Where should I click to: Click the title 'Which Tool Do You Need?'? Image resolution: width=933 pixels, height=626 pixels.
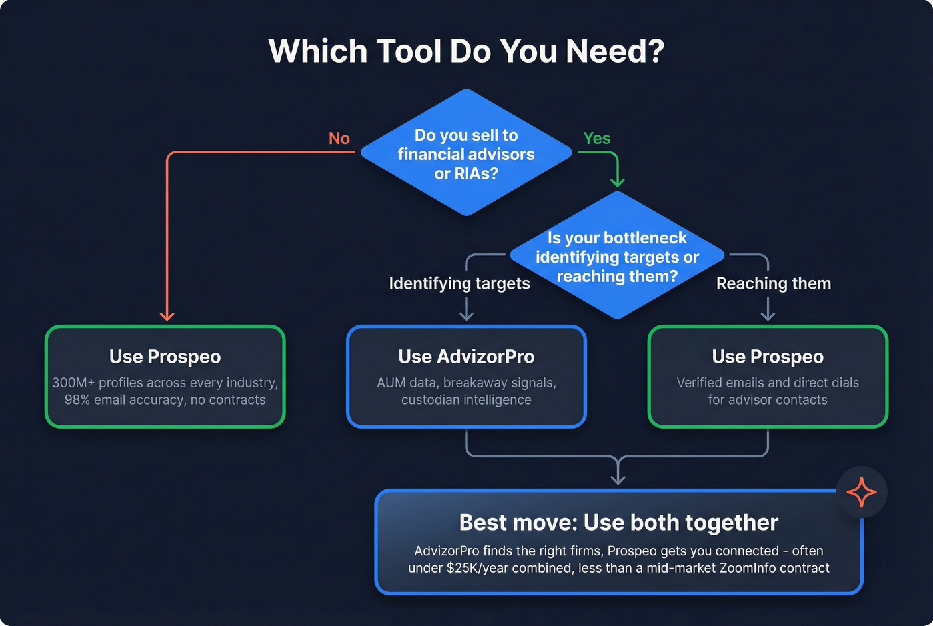click(x=466, y=51)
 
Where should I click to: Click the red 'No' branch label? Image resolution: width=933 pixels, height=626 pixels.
click(x=339, y=138)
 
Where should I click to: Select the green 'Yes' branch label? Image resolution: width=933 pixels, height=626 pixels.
click(x=596, y=138)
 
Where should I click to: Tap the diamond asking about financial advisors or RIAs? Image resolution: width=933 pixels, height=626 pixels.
click(x=466, y=154)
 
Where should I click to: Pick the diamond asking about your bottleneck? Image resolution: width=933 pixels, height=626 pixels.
click(x=617, y=257)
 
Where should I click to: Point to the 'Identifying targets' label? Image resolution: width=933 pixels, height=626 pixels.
click(x=459, y=283)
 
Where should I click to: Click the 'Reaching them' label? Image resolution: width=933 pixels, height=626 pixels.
click(x=773, y=283)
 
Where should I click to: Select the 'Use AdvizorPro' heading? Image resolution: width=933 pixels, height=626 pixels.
click(x=466, y=357)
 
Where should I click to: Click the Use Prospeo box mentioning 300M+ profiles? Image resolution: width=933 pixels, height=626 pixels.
click(x=165, y=377)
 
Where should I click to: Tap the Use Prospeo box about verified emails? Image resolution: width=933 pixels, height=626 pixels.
click(x=768, y=377)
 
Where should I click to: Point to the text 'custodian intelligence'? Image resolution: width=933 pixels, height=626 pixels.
click(x=466, y=400)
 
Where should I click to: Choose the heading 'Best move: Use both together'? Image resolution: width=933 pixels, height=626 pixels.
click(x=618, y=523)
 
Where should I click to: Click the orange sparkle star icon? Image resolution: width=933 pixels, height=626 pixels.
click(x=861, y=493)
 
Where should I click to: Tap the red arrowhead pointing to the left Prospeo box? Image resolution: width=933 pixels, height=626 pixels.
click(x=167, y=316)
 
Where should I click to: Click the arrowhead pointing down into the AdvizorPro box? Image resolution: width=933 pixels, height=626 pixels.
click(x=467, y=316)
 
